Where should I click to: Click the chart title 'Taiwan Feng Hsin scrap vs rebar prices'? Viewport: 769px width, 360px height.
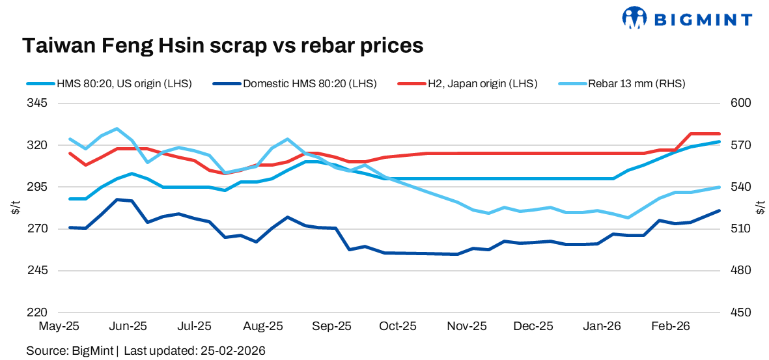click(x=223, y=46)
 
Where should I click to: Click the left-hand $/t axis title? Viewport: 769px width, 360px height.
click(x=16, y=208)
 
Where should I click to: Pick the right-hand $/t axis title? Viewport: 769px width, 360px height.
click(x=760, y=208)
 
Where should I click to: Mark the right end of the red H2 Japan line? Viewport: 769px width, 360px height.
click(x=720, y=133)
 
